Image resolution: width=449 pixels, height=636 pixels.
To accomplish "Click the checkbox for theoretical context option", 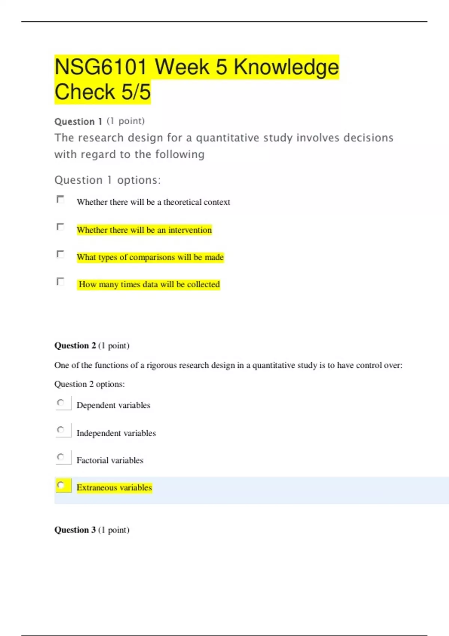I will [x=60, y=199].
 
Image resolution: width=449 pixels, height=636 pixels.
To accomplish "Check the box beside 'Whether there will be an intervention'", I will [x=60, y=227].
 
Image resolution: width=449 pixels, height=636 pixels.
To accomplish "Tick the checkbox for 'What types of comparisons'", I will [x=60, y=254].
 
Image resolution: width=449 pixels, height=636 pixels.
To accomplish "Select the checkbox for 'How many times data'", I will [x=60, y=281].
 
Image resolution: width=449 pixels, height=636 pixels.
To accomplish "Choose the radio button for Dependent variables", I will [x=61, y=403].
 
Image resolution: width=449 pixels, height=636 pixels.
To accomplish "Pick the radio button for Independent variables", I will [x=61, y=430].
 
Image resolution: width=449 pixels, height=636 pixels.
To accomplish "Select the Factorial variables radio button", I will [x=61, y=457].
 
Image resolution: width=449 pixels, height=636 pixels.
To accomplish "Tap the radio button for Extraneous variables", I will [x=61, y=485].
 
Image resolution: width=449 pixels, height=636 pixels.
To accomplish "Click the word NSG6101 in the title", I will [x=100, y=67].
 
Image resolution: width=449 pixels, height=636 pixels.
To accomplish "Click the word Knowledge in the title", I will [x=286, y=67].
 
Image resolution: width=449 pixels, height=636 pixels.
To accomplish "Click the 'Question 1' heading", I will [x=78, y=122].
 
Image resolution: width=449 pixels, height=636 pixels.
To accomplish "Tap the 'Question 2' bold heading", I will [x=75, y=345].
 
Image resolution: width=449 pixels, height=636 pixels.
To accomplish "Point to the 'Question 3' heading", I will [x=75, y=530].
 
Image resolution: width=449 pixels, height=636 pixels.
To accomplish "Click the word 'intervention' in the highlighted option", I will [x=190, y=230].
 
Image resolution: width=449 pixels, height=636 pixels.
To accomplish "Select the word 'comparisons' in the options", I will [x=152, y=257].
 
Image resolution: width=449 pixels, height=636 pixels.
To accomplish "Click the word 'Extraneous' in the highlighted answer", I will [x=97, y=487].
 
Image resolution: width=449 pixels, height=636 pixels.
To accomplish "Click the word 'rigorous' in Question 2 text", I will [x=162, y=365].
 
